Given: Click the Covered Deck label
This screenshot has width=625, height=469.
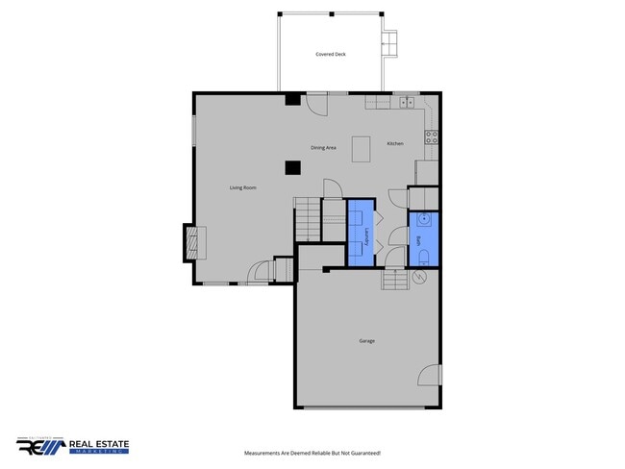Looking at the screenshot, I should (330, 55).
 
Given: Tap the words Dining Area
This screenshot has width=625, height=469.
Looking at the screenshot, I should (323, 148).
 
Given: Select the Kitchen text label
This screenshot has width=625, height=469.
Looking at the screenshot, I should (395, 143).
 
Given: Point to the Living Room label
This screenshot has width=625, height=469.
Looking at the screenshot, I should (242, 187).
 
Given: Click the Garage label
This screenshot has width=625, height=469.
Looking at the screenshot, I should (366, 341).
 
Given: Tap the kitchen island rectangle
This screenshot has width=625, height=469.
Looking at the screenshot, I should (362, 149).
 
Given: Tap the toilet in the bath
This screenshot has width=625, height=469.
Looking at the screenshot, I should (424, 255).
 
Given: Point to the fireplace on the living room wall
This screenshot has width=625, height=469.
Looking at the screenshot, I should (192, 242).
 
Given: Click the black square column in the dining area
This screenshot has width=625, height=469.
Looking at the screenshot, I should (291, 167).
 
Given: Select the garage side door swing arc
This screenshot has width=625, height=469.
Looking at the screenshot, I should (430, 376).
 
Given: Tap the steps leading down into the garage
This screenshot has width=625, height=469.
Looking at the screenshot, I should (394, 279).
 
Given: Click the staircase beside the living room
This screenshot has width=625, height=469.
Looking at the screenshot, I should (307, 219).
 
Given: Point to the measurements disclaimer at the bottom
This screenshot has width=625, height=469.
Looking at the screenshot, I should (312, 453).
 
